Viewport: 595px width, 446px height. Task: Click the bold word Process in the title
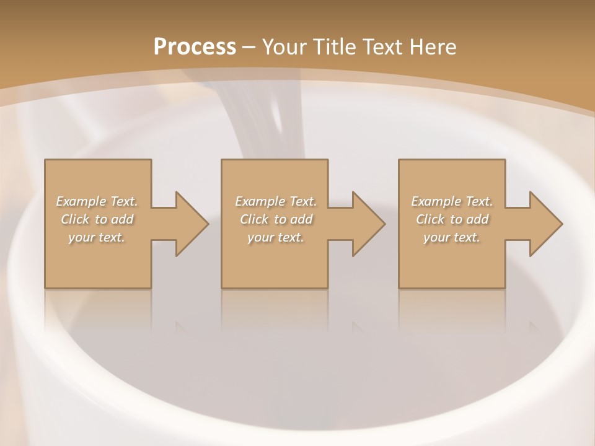coord(195,47)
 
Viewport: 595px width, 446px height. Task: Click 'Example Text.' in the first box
coord(97,201)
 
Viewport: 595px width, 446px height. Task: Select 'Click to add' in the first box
coord(97,219)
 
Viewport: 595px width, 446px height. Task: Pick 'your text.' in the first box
coord(97,237)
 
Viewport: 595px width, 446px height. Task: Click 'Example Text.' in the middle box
coord(276,201)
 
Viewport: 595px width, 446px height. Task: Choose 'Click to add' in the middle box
coord(276,219)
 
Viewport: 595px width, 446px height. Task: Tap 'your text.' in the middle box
coord(276,237)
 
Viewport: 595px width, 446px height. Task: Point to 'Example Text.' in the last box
coord(452,201)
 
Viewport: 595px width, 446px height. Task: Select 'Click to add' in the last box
coord(452,219)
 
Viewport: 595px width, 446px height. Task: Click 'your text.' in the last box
coord(452,237)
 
